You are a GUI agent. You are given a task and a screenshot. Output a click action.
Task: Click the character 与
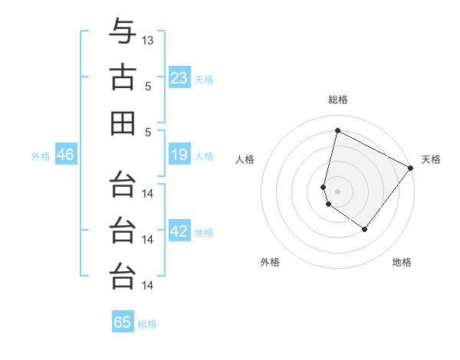(123, 31)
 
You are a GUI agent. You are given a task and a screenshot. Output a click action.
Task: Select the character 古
(123, 77)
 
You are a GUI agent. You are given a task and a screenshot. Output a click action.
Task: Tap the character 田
(123, 123)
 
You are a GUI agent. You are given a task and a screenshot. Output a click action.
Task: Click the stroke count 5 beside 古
(147, 86)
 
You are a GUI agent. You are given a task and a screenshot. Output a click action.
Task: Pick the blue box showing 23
(179, 78)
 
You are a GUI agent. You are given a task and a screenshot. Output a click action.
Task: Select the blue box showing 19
(179, 155)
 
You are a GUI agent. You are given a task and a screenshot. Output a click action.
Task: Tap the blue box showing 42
(179, 232)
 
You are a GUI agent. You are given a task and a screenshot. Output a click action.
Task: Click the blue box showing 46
(65, 155)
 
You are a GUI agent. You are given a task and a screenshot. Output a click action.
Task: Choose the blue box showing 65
(123, 322)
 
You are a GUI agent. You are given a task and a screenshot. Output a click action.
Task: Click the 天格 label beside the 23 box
(204, 80)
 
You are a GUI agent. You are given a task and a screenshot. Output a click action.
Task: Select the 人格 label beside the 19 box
(204, 156)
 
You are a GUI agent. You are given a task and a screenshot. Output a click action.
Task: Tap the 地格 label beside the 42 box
(204, 233)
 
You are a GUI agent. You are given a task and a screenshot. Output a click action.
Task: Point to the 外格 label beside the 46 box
(41, 156)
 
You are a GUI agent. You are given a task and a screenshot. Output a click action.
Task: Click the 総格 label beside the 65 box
(147, 323)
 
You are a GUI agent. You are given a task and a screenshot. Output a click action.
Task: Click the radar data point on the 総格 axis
(337, 131)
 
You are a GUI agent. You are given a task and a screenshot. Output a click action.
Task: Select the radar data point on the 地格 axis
(365, 229)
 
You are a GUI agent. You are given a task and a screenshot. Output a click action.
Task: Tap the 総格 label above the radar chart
(337, 100)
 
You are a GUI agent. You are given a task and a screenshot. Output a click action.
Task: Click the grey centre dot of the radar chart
(337, 191)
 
